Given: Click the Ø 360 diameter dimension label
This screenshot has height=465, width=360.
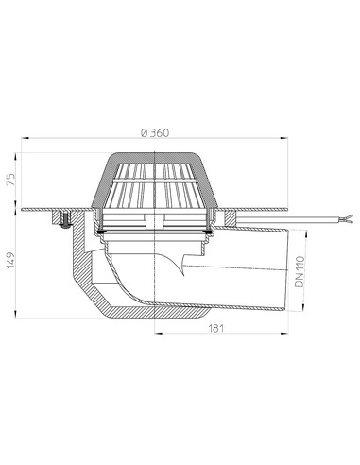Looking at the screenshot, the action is (155, 133).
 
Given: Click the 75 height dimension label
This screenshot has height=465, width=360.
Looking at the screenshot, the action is (10, 180).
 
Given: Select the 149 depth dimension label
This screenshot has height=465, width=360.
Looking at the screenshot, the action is (10, 260).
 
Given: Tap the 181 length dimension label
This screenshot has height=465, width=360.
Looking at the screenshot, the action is (216, 328).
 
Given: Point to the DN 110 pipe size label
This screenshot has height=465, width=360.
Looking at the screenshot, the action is (300, 271).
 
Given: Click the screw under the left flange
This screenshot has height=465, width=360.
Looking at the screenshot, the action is (65, 220).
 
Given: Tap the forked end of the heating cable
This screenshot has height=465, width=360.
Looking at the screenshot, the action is (348, 218).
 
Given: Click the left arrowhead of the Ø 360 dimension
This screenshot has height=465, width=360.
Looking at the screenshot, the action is (25, 138).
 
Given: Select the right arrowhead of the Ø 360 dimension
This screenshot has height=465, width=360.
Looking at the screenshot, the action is (284, 138).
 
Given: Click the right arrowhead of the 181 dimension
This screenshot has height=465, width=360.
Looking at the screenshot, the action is (284, 333).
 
